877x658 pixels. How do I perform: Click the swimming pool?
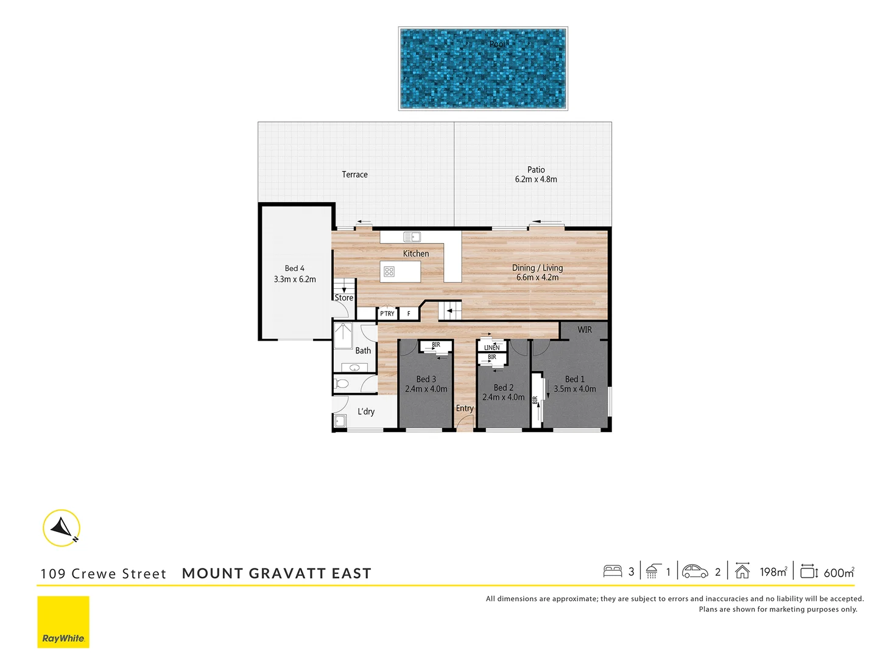click(483, 68)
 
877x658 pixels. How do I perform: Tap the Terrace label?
click(354, 175)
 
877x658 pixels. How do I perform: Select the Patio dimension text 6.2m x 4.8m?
click(536, 180)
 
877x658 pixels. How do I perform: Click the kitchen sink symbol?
click(412, 237)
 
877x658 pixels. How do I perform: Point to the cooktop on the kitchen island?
click(389, 272)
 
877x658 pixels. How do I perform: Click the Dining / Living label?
click(537, 268)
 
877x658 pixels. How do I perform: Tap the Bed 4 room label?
click(295, 269)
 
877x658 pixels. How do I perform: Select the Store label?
click(343, 298)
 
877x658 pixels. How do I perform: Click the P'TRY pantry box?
click(387, 314)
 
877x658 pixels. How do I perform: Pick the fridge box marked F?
click(409, 314)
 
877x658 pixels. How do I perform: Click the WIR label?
click(585, 330)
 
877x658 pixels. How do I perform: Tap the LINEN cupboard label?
click(491, 347)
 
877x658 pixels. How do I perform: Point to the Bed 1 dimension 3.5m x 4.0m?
click(574, 389)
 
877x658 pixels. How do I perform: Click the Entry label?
click(465, 409)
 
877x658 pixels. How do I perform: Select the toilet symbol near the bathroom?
click(342, 384)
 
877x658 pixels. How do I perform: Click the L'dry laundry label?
click(366, 412)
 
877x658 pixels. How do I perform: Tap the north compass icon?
click(62, 528)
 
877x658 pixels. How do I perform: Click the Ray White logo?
click(63, 621)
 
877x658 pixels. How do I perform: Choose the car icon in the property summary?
click(695, 571)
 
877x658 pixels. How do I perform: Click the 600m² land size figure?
click(839, 573)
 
